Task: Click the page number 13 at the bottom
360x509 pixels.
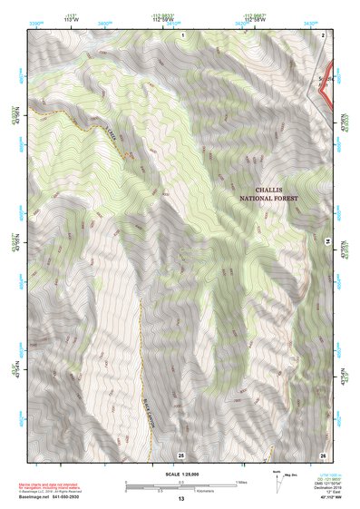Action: (180, 499)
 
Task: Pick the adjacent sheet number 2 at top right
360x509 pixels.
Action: (323, 34)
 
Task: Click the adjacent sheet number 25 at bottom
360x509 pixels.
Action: (181, 454)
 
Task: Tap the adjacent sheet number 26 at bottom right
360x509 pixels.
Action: (323, 454)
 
